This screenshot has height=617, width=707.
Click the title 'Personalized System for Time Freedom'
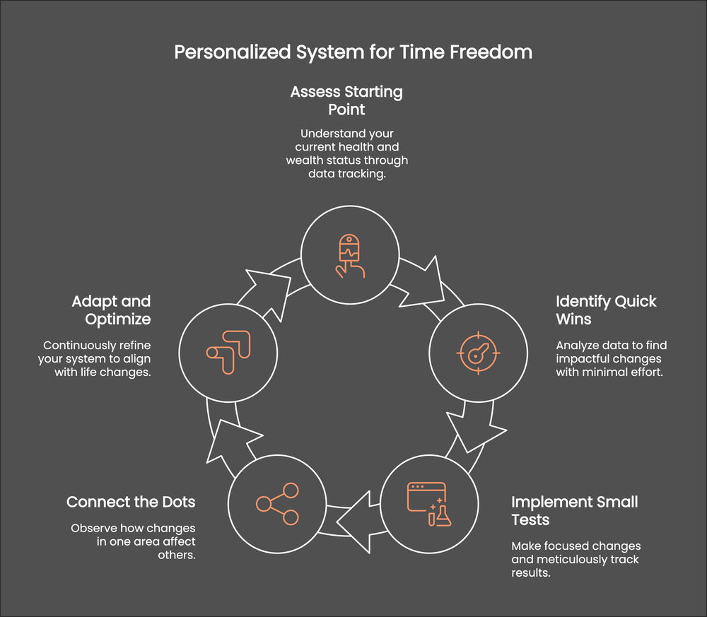[353, 52]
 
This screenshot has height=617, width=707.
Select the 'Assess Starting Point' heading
[346, 100]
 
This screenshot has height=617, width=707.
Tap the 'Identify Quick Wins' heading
[606, 310]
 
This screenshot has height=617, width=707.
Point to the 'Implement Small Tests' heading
[574, 511]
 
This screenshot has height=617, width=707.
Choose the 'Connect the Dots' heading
[131, 502]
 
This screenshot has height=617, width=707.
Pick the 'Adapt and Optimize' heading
[111, 310]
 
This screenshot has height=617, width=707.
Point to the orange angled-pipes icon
[227, 351]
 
